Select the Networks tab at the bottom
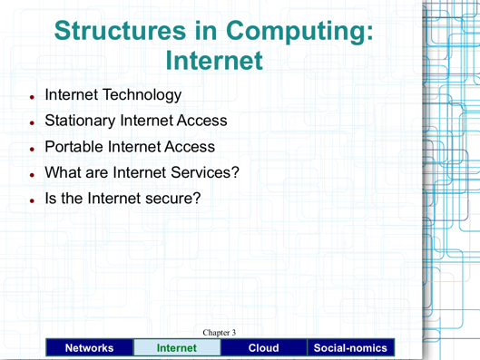88,347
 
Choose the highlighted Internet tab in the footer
176,347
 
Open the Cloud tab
263,347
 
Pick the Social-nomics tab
351,347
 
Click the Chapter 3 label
220,333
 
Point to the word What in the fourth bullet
63,171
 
